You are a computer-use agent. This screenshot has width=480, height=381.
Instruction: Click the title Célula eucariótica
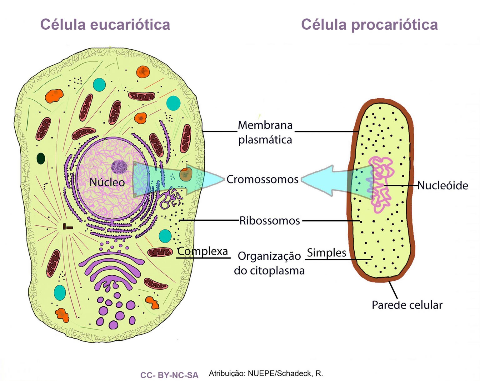(x=105, y=25)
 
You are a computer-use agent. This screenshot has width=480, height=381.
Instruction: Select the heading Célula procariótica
(x=369, y=25)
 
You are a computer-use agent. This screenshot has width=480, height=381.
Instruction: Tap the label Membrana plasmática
(x=265, y=133)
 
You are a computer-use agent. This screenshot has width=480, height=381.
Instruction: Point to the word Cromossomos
(x=262, y=179)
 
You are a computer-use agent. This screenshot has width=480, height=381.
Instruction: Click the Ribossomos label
(x=269, y=221)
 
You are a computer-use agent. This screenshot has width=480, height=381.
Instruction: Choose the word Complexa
(x=202, y=251)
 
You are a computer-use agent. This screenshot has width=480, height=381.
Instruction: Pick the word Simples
(x=327, y=253)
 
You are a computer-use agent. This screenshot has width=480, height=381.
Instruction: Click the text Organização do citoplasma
(x=269, y=263)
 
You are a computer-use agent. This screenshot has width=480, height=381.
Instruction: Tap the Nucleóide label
(x=442, y=186)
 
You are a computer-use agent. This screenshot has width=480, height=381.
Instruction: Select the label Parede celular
(x=407, y=305)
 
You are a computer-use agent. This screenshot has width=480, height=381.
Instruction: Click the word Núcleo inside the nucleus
(x=107, y=183)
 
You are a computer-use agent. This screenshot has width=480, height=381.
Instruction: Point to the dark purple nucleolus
(x=119, y=167)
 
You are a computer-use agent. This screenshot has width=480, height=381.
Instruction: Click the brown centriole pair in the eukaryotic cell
(x=67, y=227)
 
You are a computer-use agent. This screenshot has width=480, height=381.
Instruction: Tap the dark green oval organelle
(x=41, y=158)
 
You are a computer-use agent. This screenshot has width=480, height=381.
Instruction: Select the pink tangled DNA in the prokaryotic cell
(x=381, y=184)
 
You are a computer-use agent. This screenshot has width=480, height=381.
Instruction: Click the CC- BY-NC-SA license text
(x=169, y=375)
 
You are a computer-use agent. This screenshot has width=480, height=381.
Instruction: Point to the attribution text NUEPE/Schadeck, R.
(x=266, y=373)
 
